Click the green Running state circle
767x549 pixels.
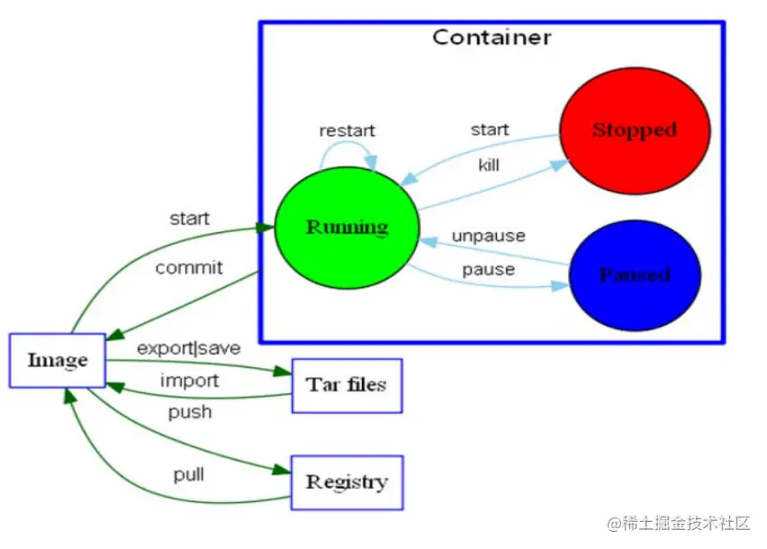[347, 228]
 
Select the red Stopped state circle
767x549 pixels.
[635, 130]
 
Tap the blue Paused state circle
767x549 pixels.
[635, 275]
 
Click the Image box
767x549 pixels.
[58, 360]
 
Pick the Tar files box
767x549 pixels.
[347, 386]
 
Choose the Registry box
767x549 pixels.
[347, 482]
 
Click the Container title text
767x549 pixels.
[492, 38]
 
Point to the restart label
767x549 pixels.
[347, 130]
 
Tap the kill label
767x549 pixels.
[489, 165]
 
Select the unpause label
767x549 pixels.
[489, 236]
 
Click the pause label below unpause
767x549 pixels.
[489, 269]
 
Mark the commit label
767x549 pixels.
[189, 267]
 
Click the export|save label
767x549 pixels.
[189, 348]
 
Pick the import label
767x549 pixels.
[189, 381]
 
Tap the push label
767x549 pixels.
[190, 412]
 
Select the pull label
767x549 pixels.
[189, 474]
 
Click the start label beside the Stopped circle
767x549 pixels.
[490, 130]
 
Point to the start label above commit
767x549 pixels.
[189, 218]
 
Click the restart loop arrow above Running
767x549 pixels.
[346, 142]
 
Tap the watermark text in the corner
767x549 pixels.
[679, 523]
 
